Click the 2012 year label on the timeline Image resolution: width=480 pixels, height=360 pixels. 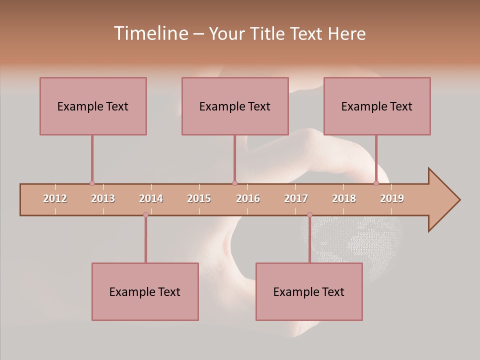tap(55, 198)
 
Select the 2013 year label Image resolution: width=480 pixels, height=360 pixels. tap(103, 198)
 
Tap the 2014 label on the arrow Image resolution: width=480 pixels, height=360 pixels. tap(151, 198)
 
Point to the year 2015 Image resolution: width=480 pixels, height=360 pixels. tap(199, 198)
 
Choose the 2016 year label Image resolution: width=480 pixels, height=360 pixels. tap(248, 198)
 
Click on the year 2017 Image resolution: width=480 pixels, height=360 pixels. tap(296, 198)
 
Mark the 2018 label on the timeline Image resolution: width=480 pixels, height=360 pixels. tap(344, 198)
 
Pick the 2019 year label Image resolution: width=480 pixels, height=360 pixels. tap(392, 198)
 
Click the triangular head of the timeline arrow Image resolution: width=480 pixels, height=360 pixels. tap(443, 200)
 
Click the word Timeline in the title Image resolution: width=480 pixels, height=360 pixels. tap(150, 33)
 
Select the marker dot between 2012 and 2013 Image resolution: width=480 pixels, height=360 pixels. tap(92, 183)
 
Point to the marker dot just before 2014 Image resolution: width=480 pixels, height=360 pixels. tap(145, 215)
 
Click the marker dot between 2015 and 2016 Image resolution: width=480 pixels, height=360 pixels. tap(234, 183)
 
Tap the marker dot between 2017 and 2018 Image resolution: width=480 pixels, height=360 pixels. tap(309, 215)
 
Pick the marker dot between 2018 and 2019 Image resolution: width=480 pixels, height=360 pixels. tap(376, 183)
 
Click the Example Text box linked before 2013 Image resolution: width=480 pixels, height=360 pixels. tap(93, 106)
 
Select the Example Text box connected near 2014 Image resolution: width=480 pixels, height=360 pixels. tap(145, 291)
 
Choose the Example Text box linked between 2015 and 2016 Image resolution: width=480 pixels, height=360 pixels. tap(235, 106)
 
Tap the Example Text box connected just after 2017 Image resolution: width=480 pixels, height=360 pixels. tap(309, 291)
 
